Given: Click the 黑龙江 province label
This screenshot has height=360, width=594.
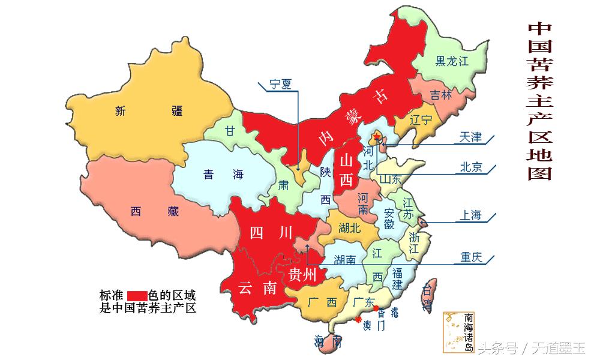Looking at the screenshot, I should tap(451, 61).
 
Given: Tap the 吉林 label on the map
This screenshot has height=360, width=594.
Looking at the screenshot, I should tap(441, 95).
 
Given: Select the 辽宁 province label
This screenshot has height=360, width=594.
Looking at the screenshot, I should tap(421, 119).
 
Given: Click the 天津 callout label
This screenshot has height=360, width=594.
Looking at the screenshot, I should tap(470, 137).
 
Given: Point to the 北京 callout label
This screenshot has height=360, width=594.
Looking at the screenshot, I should tap(470, 167).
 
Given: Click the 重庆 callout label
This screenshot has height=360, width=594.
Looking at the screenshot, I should tap(472, 258).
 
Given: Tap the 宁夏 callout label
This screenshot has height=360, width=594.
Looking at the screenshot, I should tap(280, 84).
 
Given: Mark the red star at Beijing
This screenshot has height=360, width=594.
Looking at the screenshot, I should tap(376, 138).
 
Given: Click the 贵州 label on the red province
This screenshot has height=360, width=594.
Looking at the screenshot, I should tap(302, 275).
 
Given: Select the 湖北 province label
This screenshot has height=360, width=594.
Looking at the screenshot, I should tap(350, 227).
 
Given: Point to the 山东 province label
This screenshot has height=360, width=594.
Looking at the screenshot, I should tap(389, 178).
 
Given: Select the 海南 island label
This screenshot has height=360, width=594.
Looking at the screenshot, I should tap(328, 343).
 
